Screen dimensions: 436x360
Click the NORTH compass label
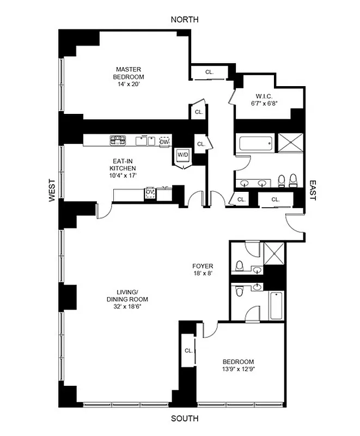point(185,20)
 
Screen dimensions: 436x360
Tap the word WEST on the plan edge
point(53,191)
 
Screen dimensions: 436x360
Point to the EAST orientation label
point(313,191)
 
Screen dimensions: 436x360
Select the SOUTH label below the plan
point(185,419)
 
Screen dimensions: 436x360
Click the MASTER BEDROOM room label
point(129,73)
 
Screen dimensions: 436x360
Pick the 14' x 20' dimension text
point(129,84)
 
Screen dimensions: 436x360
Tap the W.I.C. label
point(264,95)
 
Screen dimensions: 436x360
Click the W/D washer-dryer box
point(182,155)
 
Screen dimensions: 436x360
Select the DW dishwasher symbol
point(164,142)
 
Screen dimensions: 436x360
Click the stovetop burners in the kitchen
point(118,141)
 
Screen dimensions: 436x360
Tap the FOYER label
point(202,267)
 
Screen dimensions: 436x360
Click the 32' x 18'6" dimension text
point(128,306)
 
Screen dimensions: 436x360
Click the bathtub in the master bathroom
point(255,144)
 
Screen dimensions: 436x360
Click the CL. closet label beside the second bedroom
point(188,350)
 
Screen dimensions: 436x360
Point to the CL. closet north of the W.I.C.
point(210,72)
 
